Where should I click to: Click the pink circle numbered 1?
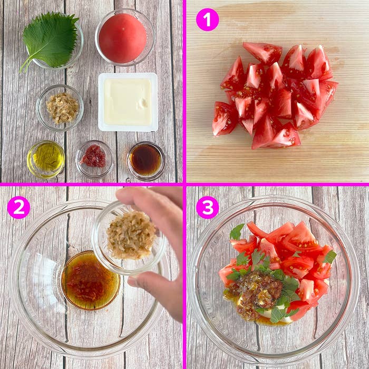207,20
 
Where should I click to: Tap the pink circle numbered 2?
18,207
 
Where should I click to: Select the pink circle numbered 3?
207,207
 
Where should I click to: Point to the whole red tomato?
122,38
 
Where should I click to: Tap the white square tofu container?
128,101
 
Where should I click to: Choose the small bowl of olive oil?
46,158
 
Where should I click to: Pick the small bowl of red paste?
94,157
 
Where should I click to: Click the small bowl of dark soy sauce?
146,160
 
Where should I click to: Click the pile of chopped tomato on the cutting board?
274,95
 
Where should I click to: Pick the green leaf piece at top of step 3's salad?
237,231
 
